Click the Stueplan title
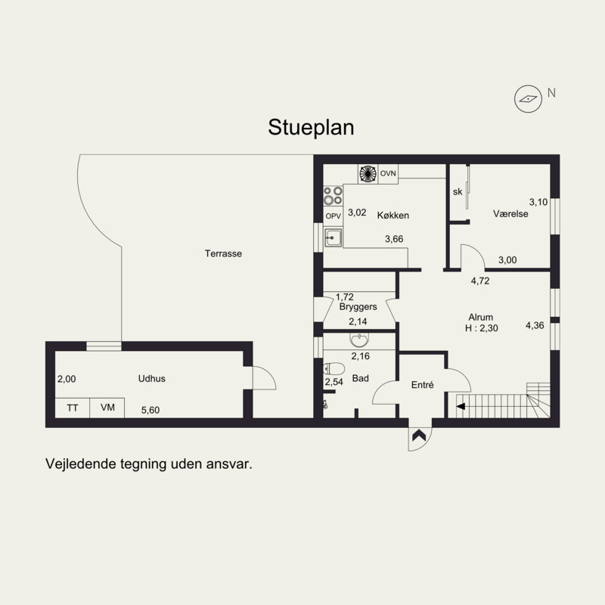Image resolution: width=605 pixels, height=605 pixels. coord(311,127)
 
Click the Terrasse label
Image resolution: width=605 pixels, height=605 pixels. coord(223,253)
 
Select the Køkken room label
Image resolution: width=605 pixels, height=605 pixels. coord(392,216)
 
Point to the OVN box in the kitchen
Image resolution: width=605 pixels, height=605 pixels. coord(388,174)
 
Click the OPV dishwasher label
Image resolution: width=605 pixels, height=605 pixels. coord(333,216)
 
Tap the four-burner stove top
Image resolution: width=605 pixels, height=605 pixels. coord(333,196)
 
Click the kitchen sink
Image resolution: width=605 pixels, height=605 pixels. coord(333,237)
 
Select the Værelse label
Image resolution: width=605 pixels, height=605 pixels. coord(510,214)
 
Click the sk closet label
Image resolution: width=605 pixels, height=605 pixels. coord(458,192)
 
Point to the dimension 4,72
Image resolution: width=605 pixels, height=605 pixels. coord(480,281)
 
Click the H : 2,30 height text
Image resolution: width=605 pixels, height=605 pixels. coord(482,328)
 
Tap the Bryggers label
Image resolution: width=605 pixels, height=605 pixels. coord(358,307)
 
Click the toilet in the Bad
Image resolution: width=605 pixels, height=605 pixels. coord(334,369)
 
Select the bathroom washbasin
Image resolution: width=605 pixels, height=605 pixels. coord(359,340)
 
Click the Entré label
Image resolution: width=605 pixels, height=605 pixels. coord(423,385)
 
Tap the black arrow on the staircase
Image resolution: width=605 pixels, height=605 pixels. coord(461,406)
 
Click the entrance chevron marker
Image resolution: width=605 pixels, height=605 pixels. coord(419,436)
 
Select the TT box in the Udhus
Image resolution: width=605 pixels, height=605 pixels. coord(73,408)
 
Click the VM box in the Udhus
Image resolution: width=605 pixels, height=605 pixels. coord(107,408)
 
